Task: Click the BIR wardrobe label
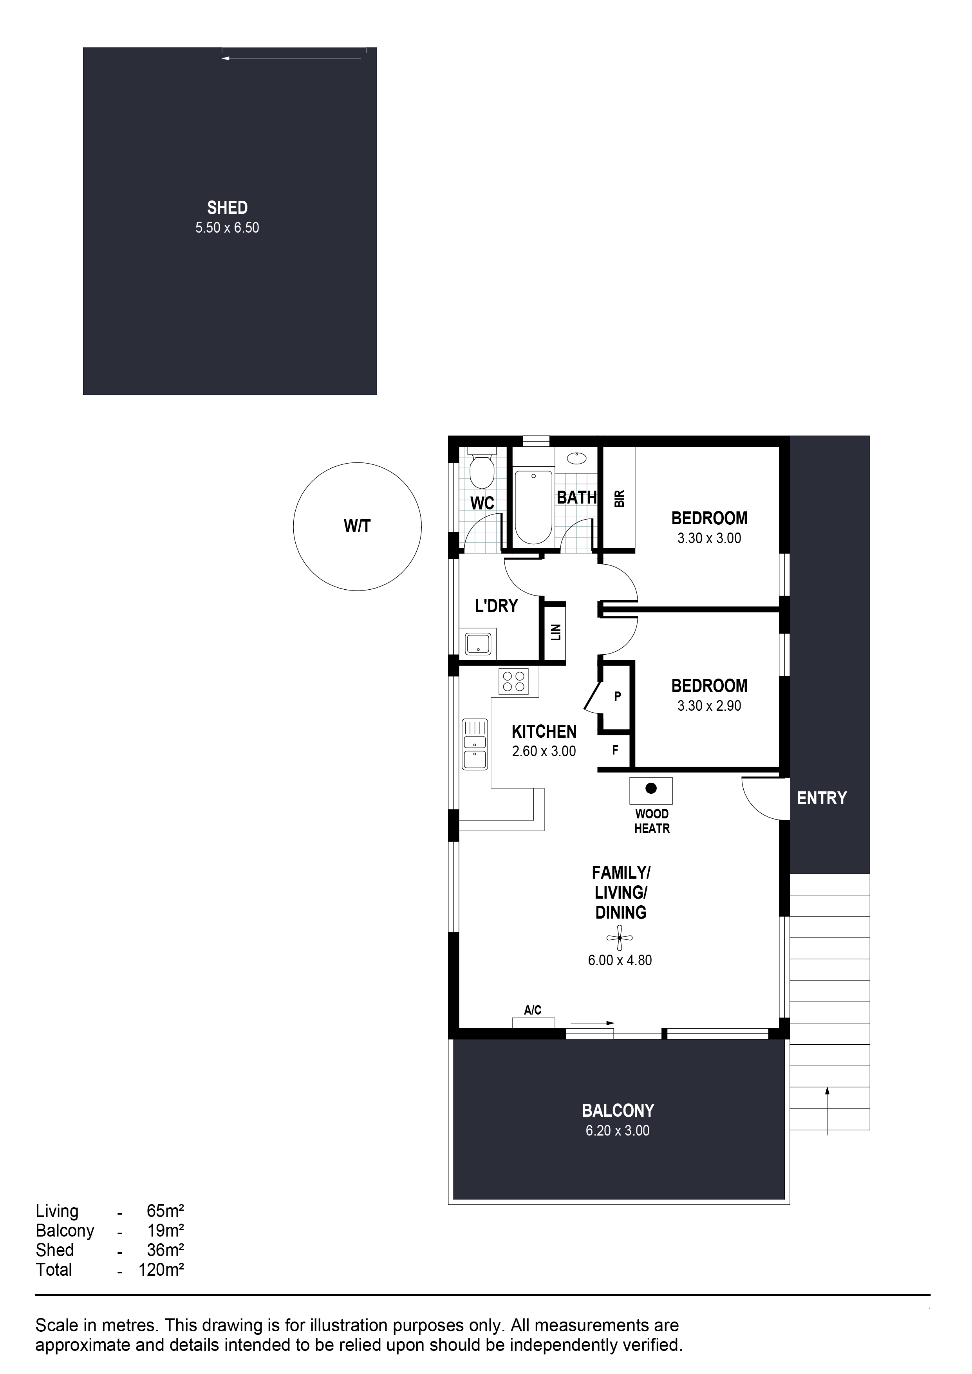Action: coord(620,498)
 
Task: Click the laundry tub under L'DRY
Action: coord(478,644)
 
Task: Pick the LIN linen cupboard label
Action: coord(555,632)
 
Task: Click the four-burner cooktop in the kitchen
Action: coord(513,682)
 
